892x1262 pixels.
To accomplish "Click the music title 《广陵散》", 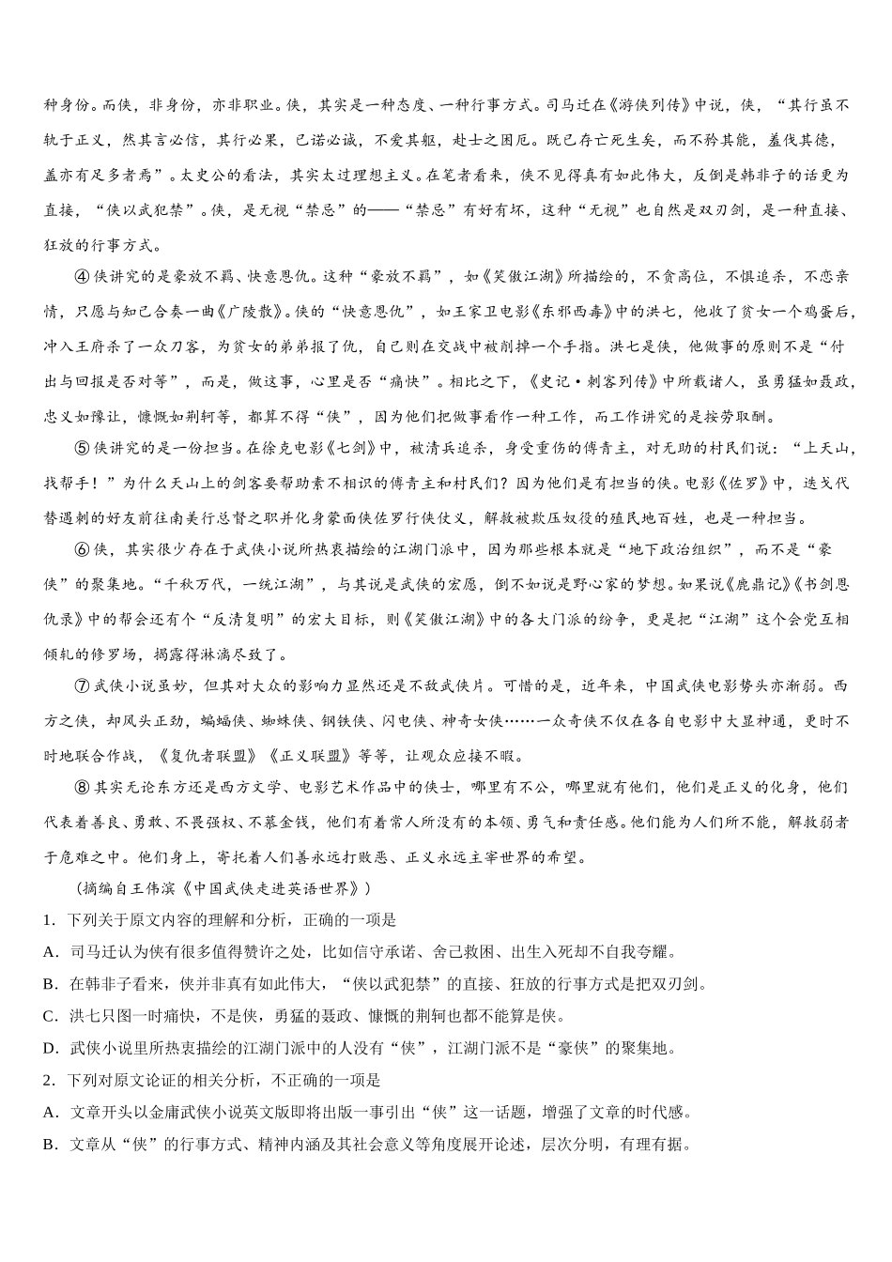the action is [x=252, y=312].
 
